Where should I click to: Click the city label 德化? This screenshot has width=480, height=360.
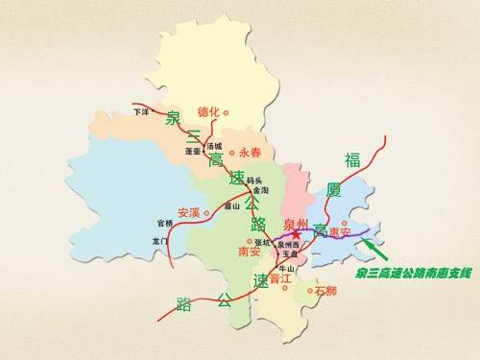[x=208, y=111]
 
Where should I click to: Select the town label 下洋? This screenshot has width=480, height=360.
[x=141, y=111]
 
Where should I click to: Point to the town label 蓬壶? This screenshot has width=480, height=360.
[x=192, y=152]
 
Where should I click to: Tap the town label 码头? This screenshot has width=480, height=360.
[x=254, y=180]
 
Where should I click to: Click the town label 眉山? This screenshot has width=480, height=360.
[x=231, y=204]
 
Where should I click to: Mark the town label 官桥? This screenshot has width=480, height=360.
[x=164, y=224]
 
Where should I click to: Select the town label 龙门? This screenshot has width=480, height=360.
[x=160, y=241]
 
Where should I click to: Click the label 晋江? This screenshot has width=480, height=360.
[x=281, y=278]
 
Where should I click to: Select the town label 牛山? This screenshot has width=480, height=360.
[x=285, y=268]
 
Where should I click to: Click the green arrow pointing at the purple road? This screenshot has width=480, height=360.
[x=373, y=252]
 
